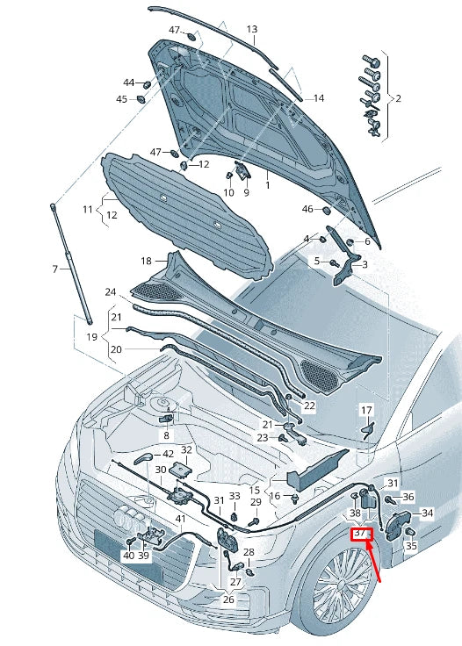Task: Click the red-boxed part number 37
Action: point(361,534)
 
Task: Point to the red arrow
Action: point(373,562)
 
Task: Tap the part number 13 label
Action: point(252,29)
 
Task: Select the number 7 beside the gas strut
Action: point(55,269)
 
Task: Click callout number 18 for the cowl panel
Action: point(147,261)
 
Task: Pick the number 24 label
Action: point(110,292)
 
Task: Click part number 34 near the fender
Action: point(428,513)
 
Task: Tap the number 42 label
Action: point(168,454)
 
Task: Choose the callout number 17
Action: point(366,411)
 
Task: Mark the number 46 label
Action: point(308,209)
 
